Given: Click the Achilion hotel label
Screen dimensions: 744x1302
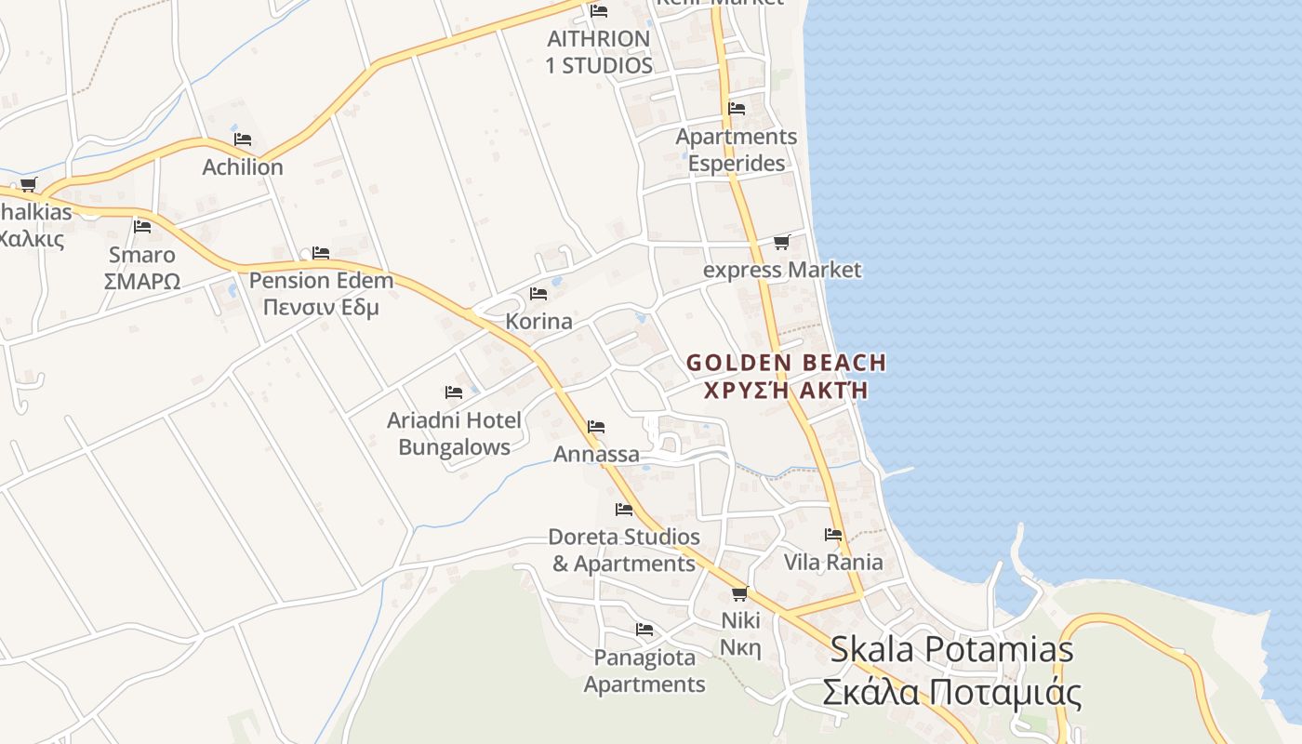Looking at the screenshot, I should tap(243, 167).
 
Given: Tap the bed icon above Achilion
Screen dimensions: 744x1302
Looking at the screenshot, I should tap(243, 139).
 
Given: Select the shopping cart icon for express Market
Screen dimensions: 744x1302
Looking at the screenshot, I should tap(781, 242).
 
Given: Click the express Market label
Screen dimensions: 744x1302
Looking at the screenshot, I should tap(782, 270).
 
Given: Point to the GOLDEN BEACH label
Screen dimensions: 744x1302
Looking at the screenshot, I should tap(786, 363).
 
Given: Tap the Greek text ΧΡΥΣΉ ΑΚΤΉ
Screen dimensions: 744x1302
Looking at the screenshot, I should tap(786, 390).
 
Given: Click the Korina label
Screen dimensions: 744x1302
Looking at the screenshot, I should tap(538, 322).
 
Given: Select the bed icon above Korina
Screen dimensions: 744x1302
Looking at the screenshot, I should tap(538, 294).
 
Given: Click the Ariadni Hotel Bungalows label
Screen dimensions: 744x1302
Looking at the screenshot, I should tap(454, 433).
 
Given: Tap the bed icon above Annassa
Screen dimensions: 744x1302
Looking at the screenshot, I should tap(596, 427).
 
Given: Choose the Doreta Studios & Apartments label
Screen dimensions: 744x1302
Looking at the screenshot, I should tap(624, 550).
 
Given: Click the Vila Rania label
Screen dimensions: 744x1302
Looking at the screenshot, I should tap(833, 562).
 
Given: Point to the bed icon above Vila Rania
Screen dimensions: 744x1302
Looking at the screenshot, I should tap(833, 535).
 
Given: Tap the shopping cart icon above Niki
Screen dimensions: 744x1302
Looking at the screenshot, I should tap(740, 593).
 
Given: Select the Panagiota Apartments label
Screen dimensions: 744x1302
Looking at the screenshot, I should tap(644, 671).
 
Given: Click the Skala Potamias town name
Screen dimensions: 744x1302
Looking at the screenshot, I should tap(951, 649).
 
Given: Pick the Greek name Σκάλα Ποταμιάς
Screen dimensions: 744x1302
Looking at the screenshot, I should tap(951, 693).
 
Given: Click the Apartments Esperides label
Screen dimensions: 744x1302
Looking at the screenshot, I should tap(737, 150).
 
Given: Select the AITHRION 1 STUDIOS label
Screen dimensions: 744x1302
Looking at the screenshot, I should tap(599, 52).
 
